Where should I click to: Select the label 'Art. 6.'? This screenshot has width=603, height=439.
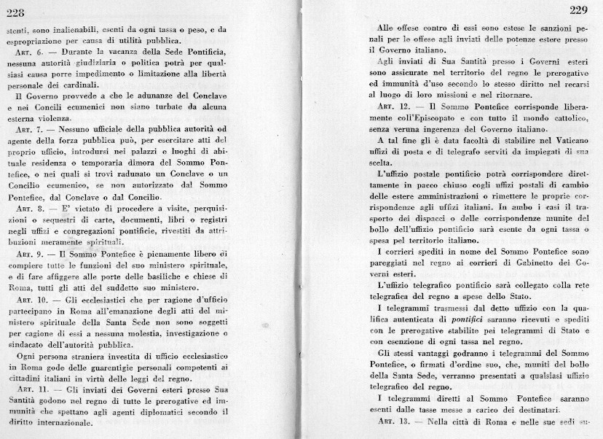(x=27, y=53)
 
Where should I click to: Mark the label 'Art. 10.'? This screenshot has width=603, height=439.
(x=29, y=299)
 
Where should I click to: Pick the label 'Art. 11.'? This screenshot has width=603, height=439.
(x=29, y=390)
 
